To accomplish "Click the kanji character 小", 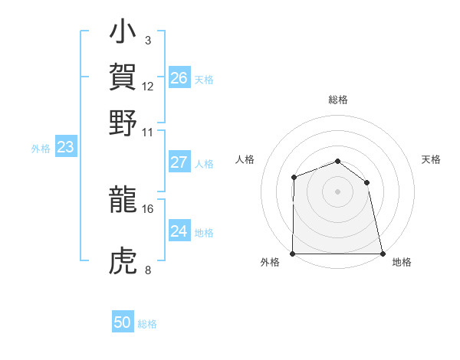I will coord(123,35).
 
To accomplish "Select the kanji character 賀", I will coord(123,78).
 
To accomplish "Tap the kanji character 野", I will coord(123,123).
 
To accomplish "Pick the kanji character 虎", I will coord(123,263).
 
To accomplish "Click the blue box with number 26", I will coord(179,77).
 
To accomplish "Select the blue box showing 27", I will coord(179,162).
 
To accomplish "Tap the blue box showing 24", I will coord(179,231).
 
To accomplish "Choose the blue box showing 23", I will coord(65,148).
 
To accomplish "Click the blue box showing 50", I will coord(123,322).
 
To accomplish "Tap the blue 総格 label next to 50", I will coord(147,324).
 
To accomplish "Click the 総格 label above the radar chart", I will coord(337,100).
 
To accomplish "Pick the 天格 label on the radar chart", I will coord(432,159).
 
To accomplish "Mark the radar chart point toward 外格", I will coord(293,254).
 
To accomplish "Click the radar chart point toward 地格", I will coord(383,254).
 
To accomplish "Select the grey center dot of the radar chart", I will coord(337,191).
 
